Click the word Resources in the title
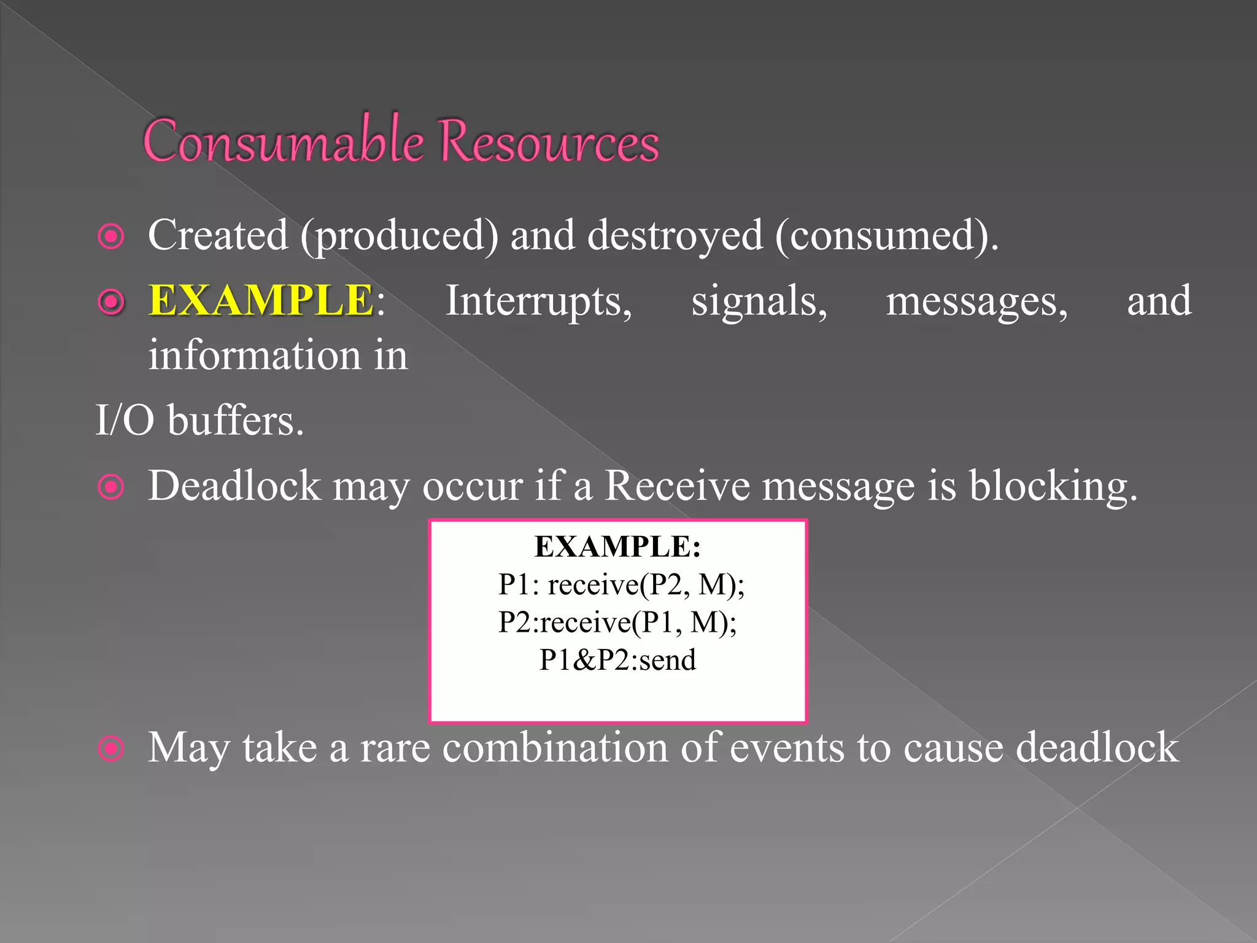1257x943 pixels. pos(549,141)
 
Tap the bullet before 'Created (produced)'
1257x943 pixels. pos(111,236)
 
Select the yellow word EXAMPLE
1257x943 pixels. pos(261,300)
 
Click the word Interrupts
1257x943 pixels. pos(538,301)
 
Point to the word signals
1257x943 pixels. pos(759,301)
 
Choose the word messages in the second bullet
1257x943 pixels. pos(977,301)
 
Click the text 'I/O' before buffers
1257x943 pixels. pos(125,421)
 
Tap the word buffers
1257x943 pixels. pos(236,421)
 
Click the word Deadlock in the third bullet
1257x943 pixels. pos(234,486)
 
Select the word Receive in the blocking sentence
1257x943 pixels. pos(677,486)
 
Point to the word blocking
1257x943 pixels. pos(1053,486)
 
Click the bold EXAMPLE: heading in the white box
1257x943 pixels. pos(617,546)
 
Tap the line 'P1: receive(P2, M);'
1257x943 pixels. pos(621,584)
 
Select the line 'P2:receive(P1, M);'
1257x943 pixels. pos(617,622)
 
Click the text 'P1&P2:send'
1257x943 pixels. pos(617,660)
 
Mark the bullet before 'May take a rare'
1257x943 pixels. pos(111,748)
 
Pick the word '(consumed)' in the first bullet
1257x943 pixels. pos(886,235)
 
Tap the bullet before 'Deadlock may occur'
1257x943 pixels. pos(111,487)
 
